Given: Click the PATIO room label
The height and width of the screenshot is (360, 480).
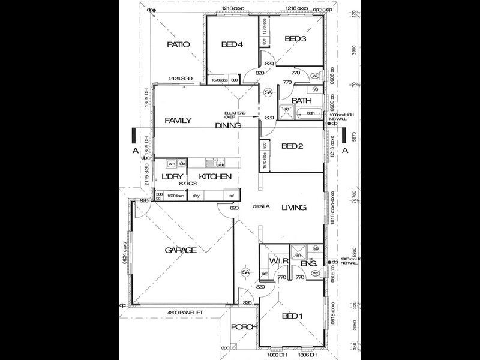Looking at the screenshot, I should [x=178, y=44].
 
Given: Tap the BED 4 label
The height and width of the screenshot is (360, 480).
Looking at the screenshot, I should [x=232, y=44].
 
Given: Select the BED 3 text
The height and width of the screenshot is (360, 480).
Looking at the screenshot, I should [x=295, y=39].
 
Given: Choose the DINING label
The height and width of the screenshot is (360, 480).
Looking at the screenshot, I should [x=229, y=126].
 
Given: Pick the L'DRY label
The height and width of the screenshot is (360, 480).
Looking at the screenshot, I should [x=172, y=176].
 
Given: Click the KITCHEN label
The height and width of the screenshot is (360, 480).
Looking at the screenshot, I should [x=215, y=176].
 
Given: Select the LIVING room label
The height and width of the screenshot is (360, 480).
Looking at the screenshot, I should [x=292, y=208].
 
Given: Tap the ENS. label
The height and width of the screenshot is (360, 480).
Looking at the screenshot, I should [x=308, y=262].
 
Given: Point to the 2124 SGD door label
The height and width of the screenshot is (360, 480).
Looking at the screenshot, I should [x=180, y=79].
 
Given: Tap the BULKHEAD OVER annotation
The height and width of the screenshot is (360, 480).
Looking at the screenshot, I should [x=232, y=115].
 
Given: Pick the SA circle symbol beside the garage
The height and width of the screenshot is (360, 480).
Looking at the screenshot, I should [x=245, y=272].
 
